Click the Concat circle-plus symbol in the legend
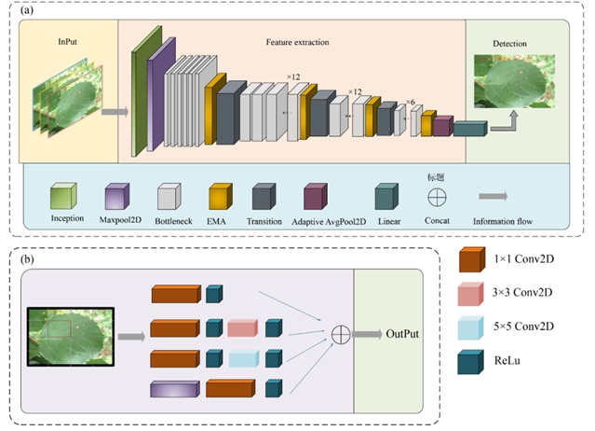[437, 197]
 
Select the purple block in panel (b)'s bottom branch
[174, 387]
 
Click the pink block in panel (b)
[241, 327]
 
